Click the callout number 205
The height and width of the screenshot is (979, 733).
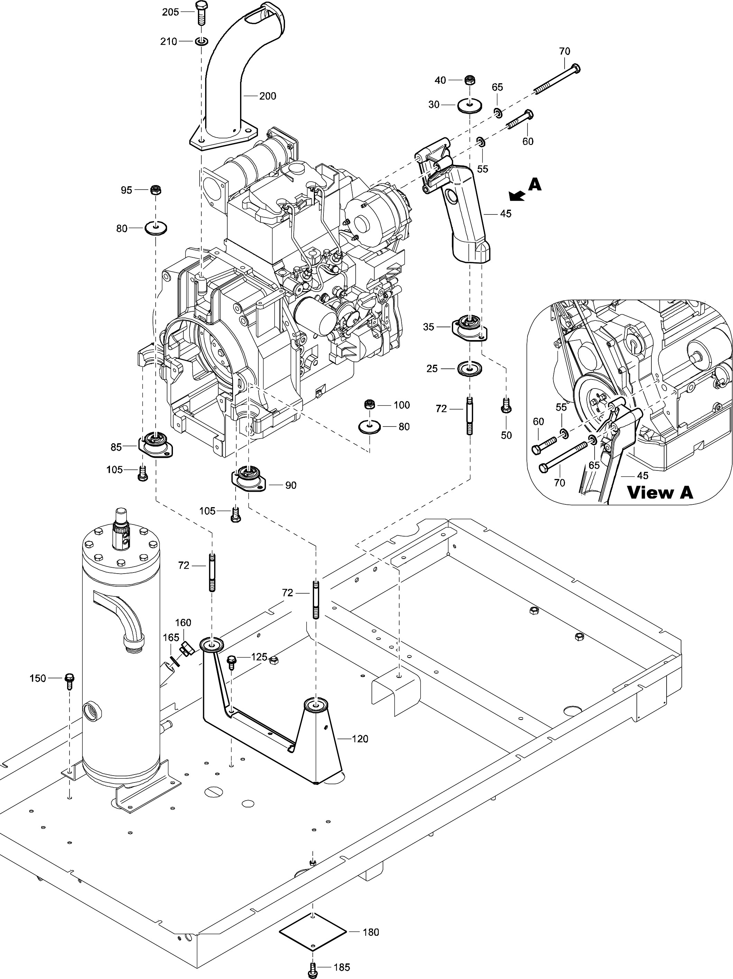click(170, 12)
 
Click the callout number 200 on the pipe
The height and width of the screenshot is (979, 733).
click(267, 96)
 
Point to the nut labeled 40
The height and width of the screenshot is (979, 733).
click(469, 81)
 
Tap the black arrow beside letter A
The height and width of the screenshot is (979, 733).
click(516, 195)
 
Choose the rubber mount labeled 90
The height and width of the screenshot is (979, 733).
click(248, 478)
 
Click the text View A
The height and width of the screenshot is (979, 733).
click(660, 492)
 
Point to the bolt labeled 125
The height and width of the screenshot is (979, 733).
click(231, 662)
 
